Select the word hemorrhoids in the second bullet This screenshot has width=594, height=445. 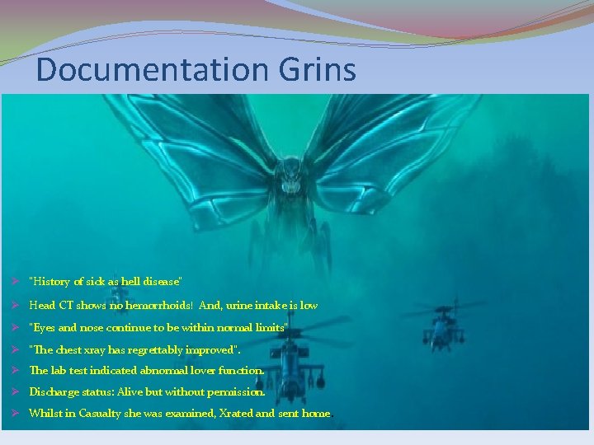click(x=156, y=305)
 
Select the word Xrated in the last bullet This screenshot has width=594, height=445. click(x=238, y=414)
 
